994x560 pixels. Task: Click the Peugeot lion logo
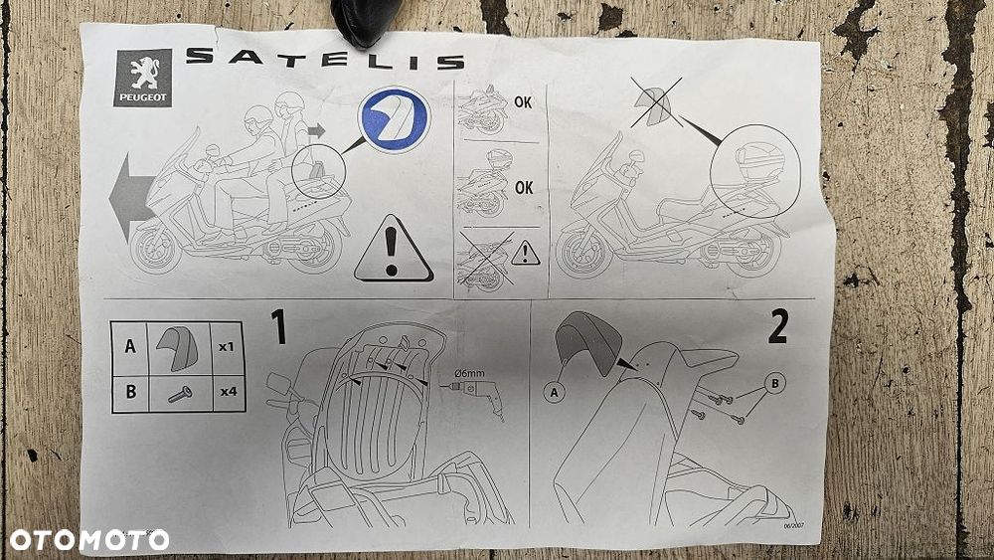tap(142, 78)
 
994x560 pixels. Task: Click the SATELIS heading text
tap(325, 59)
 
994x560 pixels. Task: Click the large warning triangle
tap(393, 249)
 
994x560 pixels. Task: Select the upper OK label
tap(523, 102)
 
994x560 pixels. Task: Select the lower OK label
tap(524, 188)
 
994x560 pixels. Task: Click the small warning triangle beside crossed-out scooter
tap(526, 253)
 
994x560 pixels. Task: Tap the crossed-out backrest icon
tap(655, 102)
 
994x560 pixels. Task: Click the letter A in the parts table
tap(130, 346)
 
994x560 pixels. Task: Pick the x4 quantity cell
tap(229, 391)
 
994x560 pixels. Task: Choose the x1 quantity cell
tap(227, 347)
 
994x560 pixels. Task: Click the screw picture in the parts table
tap(180, 395)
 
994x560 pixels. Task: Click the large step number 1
tap(278, 327)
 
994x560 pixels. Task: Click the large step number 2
tap(778, 326)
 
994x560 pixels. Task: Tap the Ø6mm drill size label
tap(469, 374)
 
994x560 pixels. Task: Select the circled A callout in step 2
tap(554, 393)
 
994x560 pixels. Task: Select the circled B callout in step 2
tap(774, 383)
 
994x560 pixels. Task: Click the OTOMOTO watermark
tap(89, 540)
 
